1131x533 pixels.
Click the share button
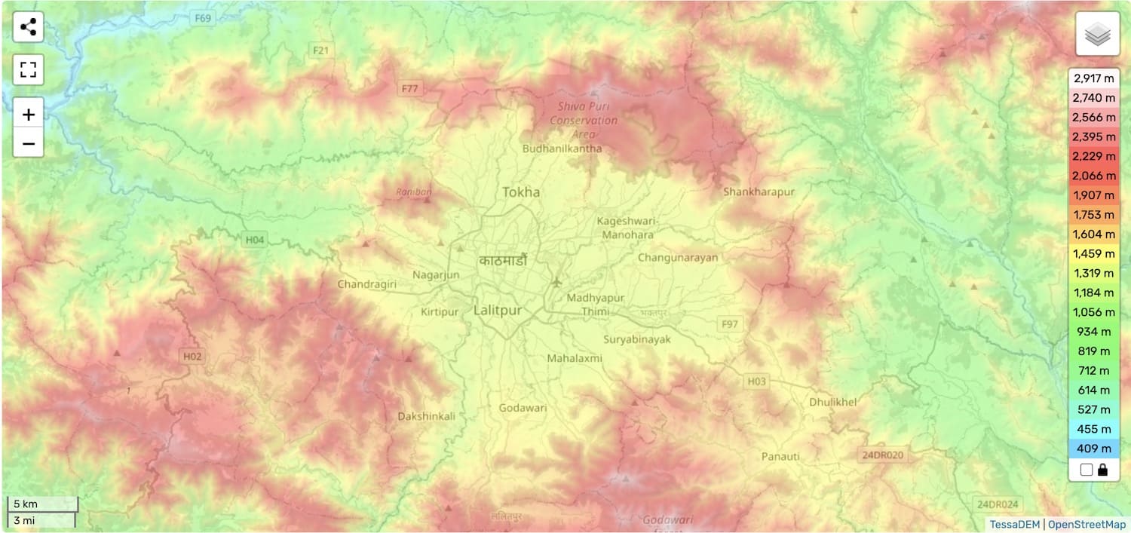(x=29, y=28)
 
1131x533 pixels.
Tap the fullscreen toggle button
(x=29, y=70)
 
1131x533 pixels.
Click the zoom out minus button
(x=29, y=143)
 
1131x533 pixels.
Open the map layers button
(x=1097, y=34)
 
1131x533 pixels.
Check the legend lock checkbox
(x=1086, y=470)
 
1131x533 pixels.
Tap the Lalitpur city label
(x=498, y=310)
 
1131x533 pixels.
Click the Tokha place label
(x=521, y=192)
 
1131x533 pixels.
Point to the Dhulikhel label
(x=833, y=402)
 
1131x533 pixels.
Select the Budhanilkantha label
(x=562, y=149)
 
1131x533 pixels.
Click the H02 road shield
(x=192, y=356)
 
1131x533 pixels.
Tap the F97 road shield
(x=730, y=324)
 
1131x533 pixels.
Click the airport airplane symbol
(x=556, y=282)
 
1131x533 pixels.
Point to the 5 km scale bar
(x=42, y=504)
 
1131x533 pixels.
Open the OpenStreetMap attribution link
(x=1087, y=524)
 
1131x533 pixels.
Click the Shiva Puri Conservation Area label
(x=583, y=121)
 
